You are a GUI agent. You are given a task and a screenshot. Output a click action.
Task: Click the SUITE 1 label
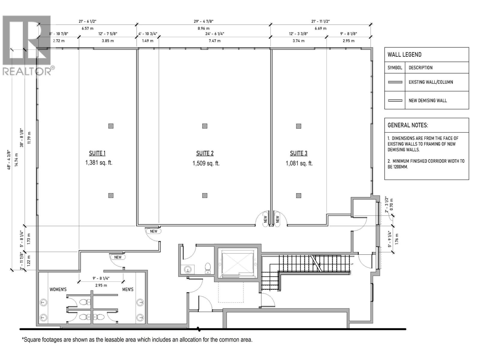97,153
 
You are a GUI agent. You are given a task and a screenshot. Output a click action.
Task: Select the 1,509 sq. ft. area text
206,163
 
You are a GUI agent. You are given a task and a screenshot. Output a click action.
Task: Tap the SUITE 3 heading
298,153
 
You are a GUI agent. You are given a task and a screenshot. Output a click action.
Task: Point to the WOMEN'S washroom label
58,289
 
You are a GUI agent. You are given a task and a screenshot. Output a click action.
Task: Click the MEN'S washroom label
128,289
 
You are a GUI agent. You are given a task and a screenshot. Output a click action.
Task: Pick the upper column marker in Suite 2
205,126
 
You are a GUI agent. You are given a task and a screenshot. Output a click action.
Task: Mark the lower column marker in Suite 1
111,196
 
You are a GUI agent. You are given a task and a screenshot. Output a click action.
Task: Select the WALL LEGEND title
404,55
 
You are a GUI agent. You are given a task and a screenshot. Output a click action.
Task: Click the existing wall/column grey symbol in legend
395,82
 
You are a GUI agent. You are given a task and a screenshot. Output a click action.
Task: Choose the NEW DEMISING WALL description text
427,100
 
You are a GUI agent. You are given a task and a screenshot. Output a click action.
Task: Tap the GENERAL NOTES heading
408,125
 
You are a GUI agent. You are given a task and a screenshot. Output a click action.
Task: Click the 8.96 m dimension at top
203,28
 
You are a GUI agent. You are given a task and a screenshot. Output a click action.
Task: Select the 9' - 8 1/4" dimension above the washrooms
101,278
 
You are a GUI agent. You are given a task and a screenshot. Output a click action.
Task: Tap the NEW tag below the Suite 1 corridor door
118,257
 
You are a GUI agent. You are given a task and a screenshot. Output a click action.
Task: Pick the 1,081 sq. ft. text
299,163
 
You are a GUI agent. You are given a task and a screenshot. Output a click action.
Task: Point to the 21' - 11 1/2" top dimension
320,21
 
